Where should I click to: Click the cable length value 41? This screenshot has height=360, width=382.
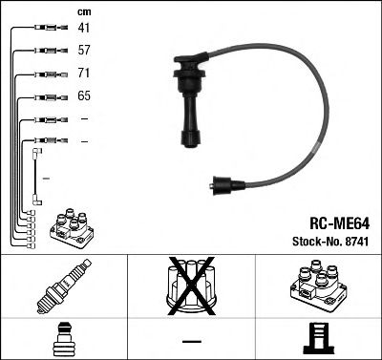click(x=83, y=29)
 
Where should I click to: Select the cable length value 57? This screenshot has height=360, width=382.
click(x=83, y=51)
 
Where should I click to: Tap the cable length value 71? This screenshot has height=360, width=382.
click(x=83, y=74)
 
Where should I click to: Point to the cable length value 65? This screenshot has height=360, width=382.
click(x=83, y=96)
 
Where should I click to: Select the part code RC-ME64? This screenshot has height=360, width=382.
click(x=332, y=226)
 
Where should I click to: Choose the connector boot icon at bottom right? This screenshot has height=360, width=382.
click(x=319, y=338)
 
